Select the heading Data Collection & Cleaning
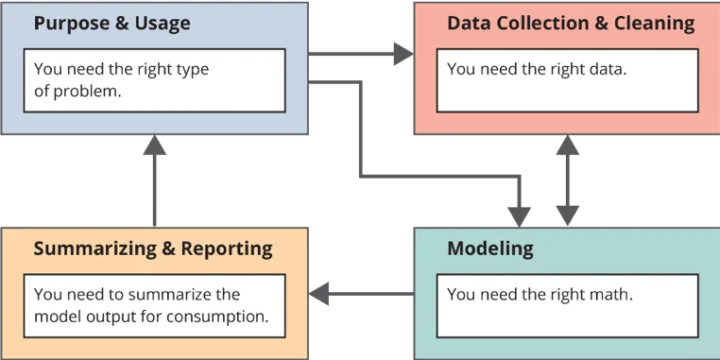point(570,23)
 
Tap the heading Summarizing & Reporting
point(153,249)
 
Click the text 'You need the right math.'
point(540,295)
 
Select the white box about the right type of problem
point(154,80)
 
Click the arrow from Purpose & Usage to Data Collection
point(359,53)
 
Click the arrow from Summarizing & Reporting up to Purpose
point(155,184)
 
